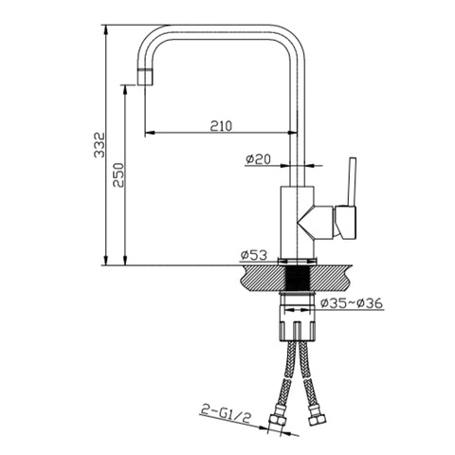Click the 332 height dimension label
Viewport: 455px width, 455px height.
100,145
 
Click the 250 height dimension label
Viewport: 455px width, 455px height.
118,174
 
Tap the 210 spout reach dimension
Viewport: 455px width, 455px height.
221,126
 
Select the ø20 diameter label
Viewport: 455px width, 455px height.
258,159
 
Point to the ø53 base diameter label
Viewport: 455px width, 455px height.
254,255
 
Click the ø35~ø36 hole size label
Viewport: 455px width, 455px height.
351,303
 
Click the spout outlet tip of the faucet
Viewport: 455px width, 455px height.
146,77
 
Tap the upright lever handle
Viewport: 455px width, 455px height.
352,182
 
